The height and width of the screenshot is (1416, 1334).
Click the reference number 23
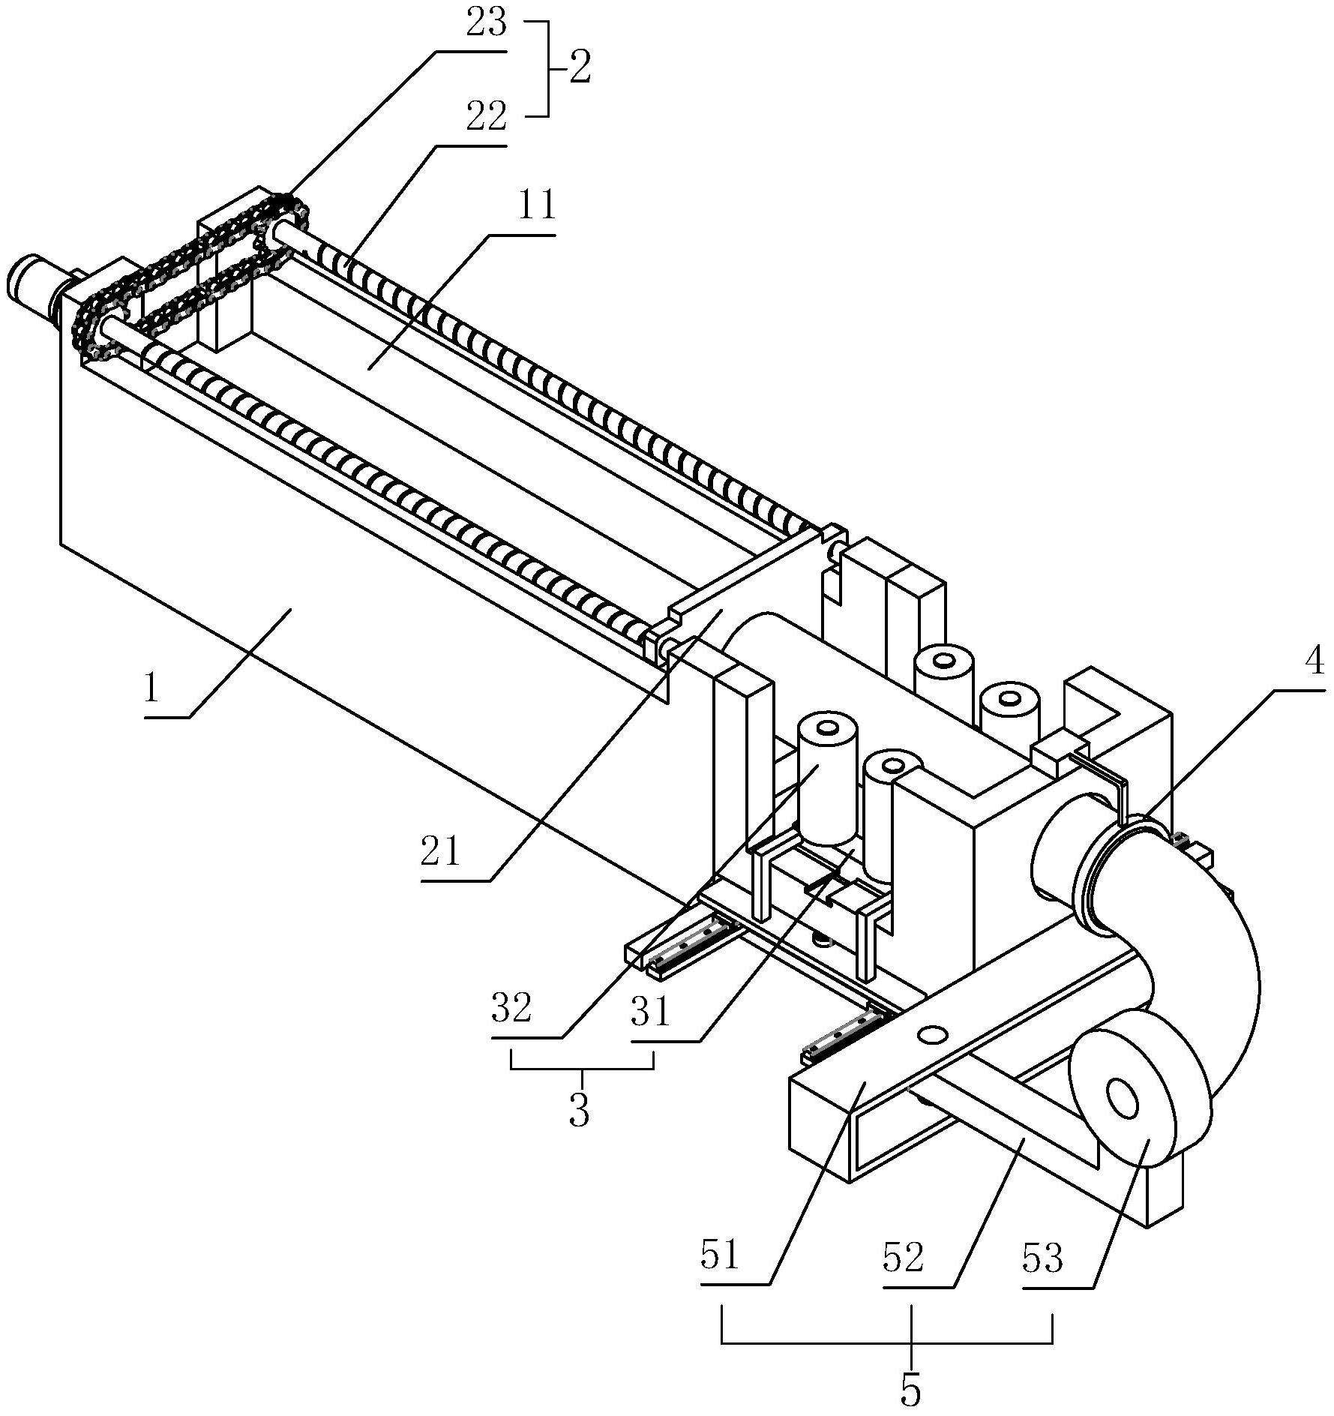point(486,24)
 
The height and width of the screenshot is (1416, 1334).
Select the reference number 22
point(485,118)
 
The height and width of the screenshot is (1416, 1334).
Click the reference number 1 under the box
point(152,688)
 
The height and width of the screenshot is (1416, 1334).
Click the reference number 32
point(511,1009)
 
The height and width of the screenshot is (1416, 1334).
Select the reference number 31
point(650,1012)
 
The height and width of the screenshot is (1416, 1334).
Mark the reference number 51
point(721,1255)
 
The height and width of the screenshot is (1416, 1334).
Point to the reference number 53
point(1043,1258)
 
